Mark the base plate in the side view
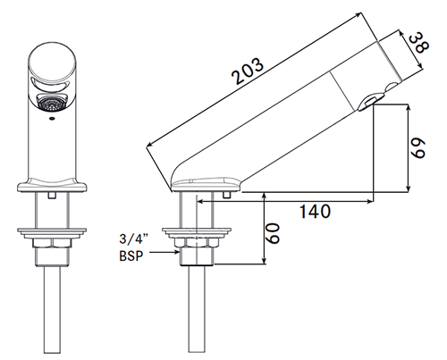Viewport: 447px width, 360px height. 204,185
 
